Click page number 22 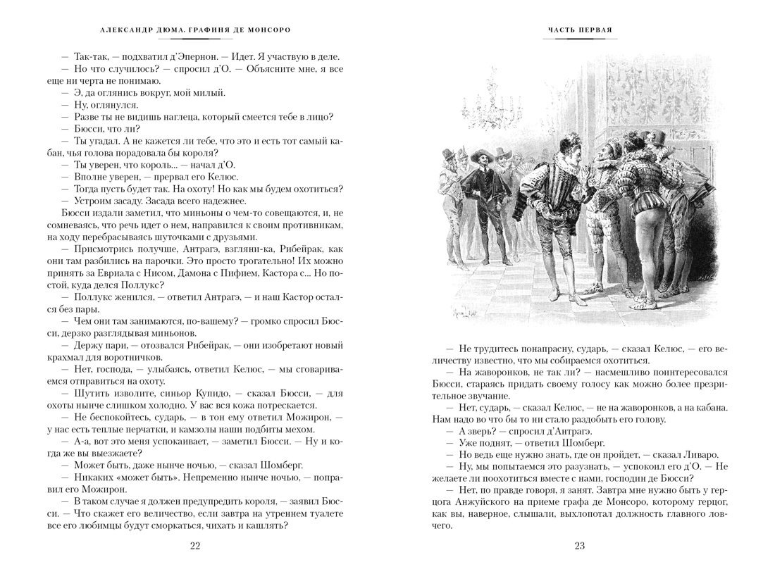tap(196, 546)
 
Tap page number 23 tap(580, 546)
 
